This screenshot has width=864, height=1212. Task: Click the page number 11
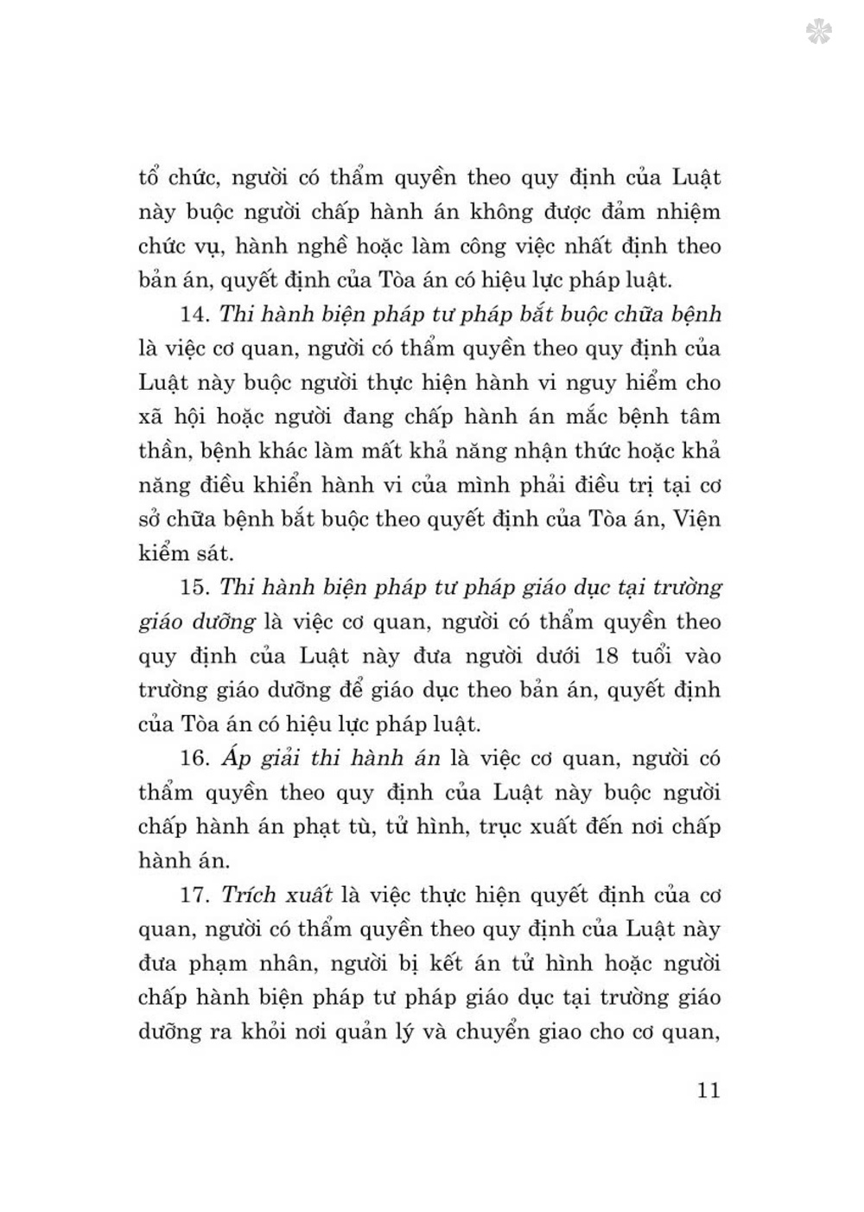pos(708,1090)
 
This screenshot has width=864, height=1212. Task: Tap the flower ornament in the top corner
pos(818,33)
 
